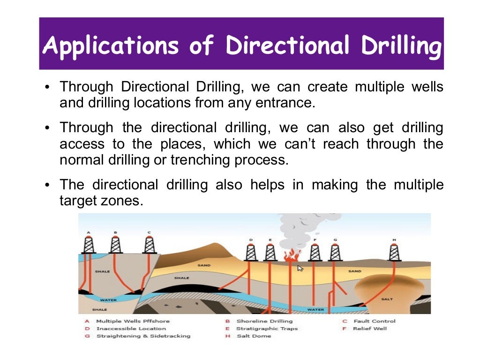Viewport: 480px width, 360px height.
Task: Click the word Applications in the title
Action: coord(111,45)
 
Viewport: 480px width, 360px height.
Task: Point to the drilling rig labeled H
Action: coord(394,251)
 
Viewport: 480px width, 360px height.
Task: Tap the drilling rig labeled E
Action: coord(270,251)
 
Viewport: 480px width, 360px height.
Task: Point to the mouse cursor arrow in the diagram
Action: coord(300,268)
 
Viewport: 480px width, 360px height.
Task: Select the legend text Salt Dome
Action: coord(254,336)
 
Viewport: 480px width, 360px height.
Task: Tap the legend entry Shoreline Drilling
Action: coord(264,321)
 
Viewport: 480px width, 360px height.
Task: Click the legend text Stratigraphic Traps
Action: coord(267,329)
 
